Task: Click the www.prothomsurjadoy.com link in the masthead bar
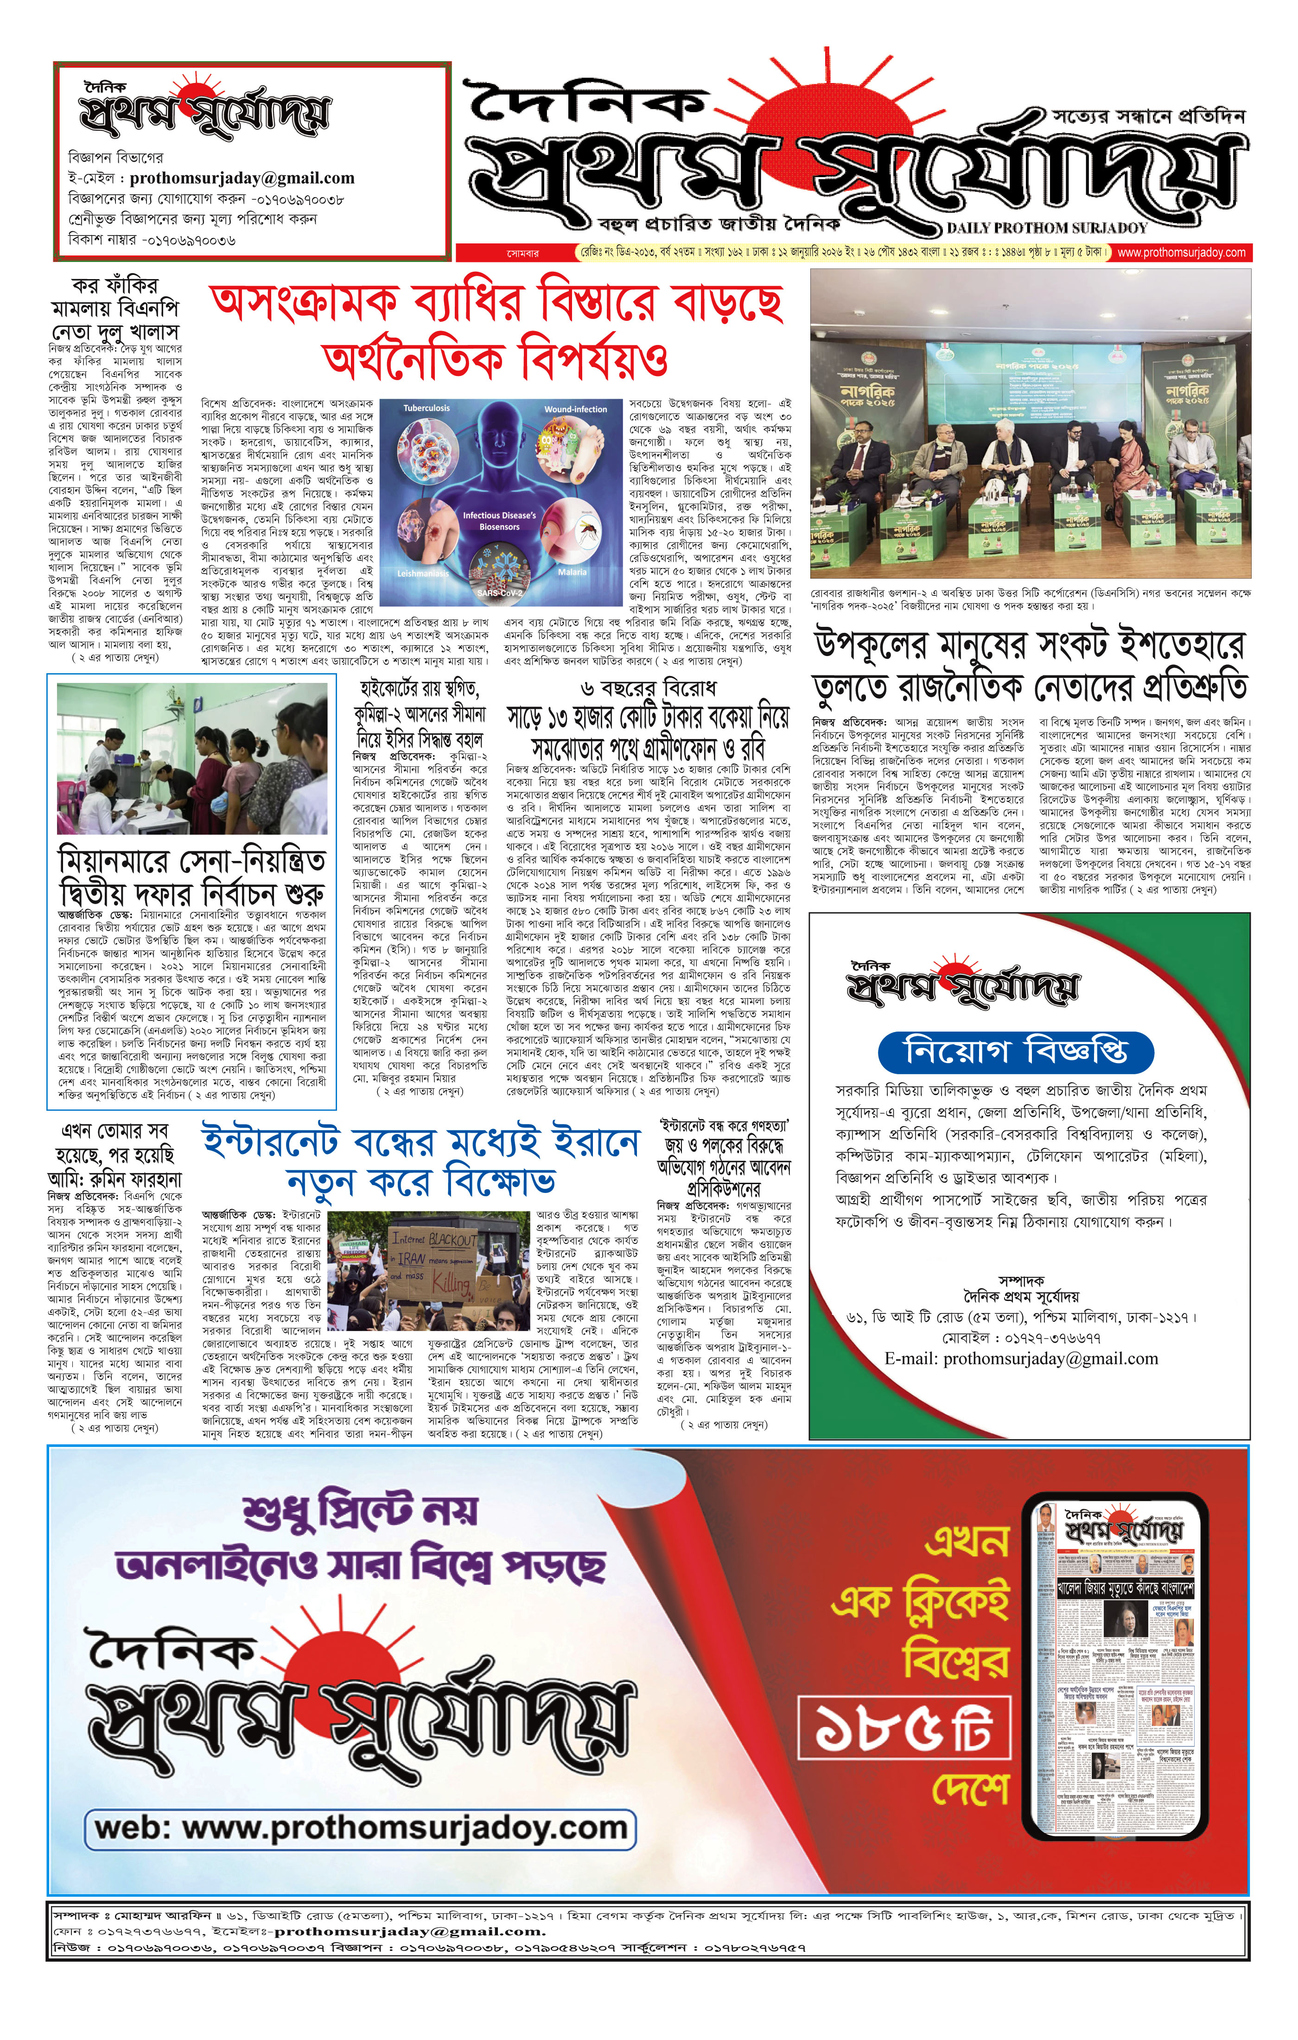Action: (1181, 253)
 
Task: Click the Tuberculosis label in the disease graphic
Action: (426, 408)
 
